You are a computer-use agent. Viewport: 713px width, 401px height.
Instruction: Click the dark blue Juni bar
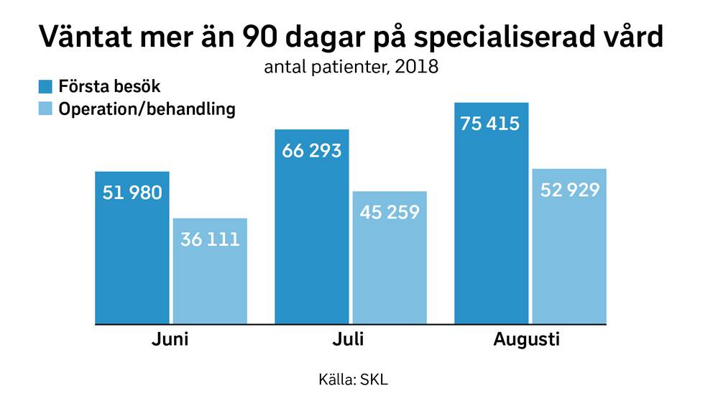pos(132,248)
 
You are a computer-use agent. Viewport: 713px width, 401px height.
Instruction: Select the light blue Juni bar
pos(210,272)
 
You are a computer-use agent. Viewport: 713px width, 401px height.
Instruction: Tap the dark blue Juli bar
pos(311,227)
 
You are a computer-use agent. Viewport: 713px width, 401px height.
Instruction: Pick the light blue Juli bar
pos(390,258)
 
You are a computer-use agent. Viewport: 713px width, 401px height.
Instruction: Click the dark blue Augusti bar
pos(492,213)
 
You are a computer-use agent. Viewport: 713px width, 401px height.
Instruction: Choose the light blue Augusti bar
pos(569,246)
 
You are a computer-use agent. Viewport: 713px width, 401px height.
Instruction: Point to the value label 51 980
pos(132,193)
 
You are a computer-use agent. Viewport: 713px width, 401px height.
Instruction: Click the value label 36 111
pos(210,239)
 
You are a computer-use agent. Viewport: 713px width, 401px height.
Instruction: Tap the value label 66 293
pos(311,151)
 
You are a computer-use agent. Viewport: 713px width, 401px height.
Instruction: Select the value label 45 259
pos(390,212)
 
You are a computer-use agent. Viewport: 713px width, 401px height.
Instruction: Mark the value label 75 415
pos(489,124)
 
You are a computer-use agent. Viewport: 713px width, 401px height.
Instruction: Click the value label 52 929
pos(570,190)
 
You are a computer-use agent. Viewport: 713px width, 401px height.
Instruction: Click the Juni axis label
pos(170,339)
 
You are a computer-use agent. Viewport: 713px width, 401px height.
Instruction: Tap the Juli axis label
pos(349,339)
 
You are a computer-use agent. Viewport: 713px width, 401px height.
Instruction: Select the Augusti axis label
pos(527,340)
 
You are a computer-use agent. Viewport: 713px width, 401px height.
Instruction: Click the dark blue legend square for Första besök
pos(45,86)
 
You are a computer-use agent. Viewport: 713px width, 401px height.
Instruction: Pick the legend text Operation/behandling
pos(147,109)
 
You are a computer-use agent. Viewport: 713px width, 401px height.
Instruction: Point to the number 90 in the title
pos(259,37)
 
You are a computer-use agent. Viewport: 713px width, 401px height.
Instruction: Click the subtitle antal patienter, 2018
pos(351,67)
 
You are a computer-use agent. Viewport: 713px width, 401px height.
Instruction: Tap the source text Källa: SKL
pos(354,379)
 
